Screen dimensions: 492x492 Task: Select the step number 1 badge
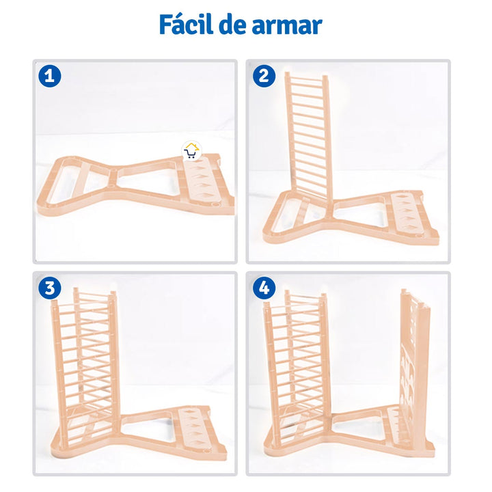48,75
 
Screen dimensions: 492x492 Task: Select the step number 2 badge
261,75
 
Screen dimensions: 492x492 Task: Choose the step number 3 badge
48,288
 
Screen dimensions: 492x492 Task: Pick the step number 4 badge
261,288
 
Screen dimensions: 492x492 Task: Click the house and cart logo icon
191,151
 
